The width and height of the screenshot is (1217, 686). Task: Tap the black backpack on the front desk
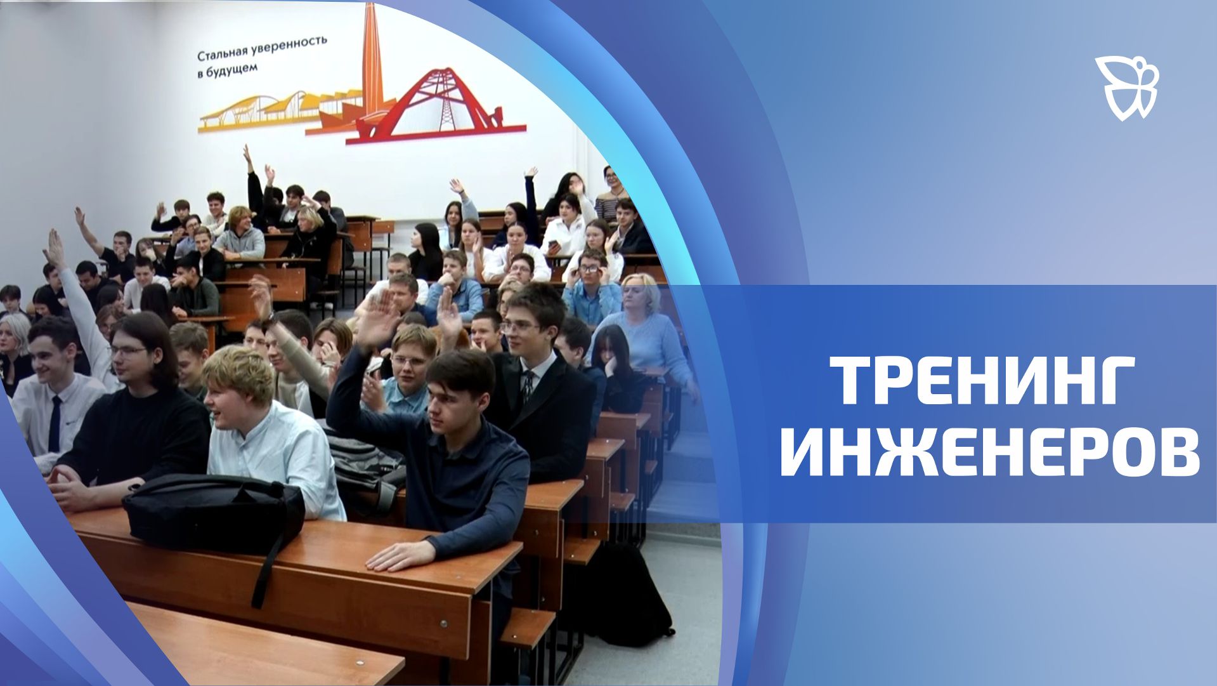tap(212, 511)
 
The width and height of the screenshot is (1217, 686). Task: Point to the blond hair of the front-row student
tap(237, 371)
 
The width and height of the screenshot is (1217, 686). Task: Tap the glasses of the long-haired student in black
tap(127, 350)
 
